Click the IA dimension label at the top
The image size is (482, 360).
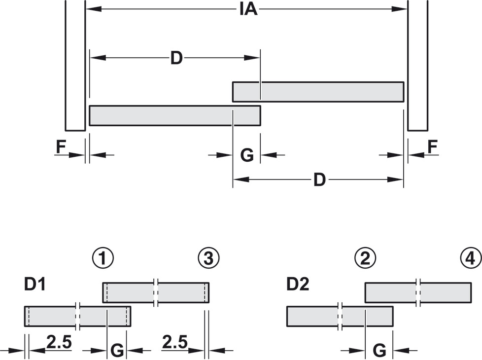click(x=248, y=9)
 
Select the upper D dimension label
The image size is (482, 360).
click(x=176, y=59)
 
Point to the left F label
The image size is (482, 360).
click(x=61, y=147)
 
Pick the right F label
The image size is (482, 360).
click(x=432, y=147)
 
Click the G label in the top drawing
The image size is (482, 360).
click(x=246, y=155)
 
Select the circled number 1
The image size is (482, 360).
click(x=103, y=258)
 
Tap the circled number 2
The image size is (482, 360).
click(x=365, y=258)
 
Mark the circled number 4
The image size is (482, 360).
click(x=470, y=258)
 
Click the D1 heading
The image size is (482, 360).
click(x=35, y=285)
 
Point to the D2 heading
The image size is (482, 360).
click(x=297, y=285)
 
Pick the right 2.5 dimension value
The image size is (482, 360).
click(x=174, y=342)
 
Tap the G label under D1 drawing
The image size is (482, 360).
click(x=117, y=351)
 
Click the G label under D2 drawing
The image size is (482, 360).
click(x=379, y=351)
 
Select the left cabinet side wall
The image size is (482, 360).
click(x=75, y=64)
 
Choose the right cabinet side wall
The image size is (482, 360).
click(x=417, y=64)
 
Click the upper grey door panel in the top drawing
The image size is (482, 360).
click(x=318, y=92)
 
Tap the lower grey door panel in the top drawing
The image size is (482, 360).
click(x=174, y=115)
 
